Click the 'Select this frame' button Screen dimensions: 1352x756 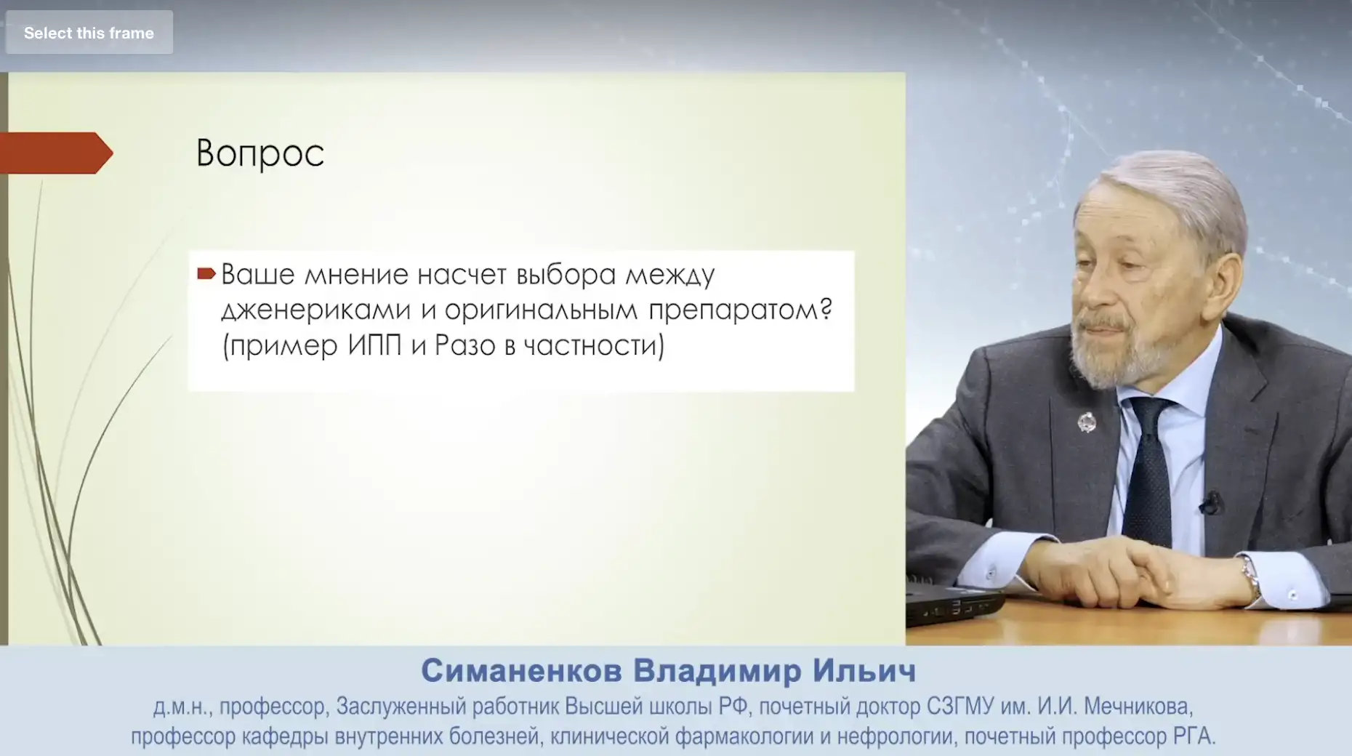tap(89, 33)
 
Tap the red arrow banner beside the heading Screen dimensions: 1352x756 tap(56, 153)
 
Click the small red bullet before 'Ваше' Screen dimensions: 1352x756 tap(206, 274)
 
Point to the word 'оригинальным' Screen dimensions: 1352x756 tap(541, 310)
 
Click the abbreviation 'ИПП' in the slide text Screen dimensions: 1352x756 tap(374, 345)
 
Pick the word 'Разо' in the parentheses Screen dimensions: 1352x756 tap(465, 345)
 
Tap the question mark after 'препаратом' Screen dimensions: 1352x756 tap(826, 308)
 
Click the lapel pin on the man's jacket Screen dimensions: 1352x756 tap(1087, 422)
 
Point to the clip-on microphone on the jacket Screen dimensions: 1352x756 tap(1210, 502)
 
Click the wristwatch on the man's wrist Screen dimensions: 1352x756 tap(1250, 576)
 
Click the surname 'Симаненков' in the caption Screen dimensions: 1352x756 tap(521, 670)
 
